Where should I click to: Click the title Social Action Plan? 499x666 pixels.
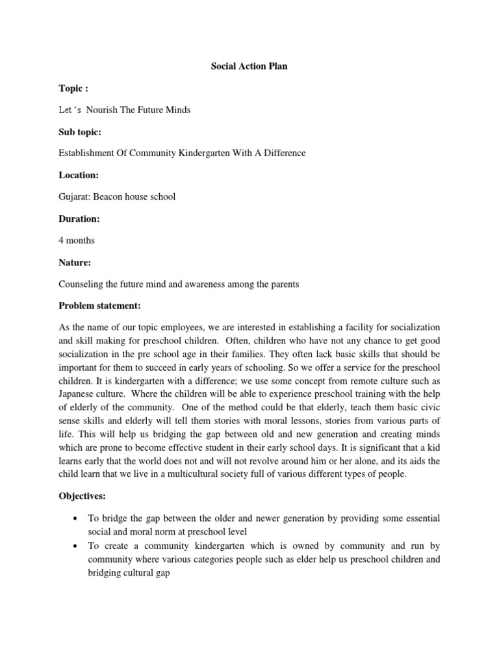tap(249, 67)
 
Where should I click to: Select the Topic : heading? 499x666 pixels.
tap(73, 88)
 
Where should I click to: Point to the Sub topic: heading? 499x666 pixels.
tap(81, 131)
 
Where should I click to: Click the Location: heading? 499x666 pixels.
tap(79, 175)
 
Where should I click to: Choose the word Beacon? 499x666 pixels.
tap(112, 196)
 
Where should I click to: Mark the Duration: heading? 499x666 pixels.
tap(79, 219)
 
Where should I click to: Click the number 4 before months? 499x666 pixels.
tap(61, 240)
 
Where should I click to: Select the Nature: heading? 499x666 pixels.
tap(75, 262)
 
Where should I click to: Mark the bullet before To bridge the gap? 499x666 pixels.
tap(77, 518)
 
